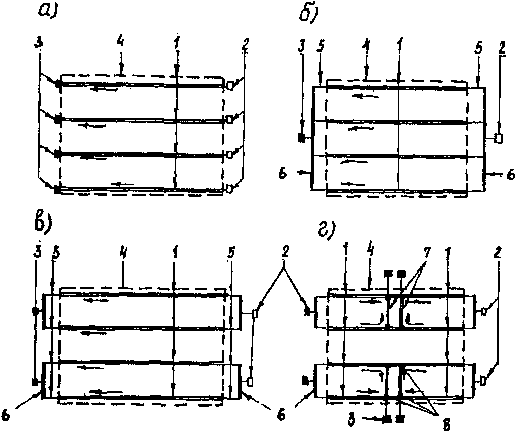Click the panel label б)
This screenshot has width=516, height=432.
pyautogui.click(x=308, y=14)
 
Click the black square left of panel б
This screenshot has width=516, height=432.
pyautogui.click(x=301, y=138)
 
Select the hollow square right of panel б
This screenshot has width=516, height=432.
pyautogui.click(x=499, y=138)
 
